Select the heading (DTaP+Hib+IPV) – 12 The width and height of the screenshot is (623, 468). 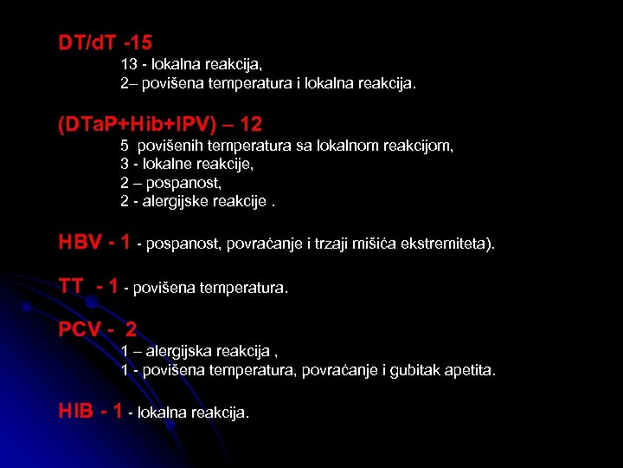click(160, 124)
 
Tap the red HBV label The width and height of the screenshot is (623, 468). click(80, 243)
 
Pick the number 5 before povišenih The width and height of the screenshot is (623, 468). click(125, 146)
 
